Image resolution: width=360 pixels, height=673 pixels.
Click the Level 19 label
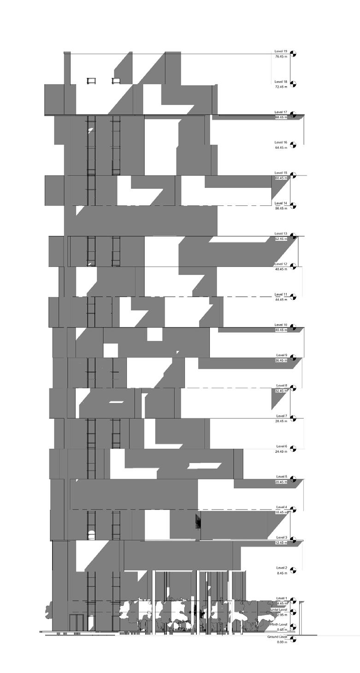tap(281, 52)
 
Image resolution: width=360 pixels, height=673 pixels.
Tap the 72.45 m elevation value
tap(281, 87)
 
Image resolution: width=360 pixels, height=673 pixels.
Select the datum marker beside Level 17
tap(293, 115)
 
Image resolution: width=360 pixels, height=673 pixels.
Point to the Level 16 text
tap(281, 142)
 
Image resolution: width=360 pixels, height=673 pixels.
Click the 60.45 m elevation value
tap(281, 178)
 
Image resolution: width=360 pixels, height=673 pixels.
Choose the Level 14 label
tap(281, 203)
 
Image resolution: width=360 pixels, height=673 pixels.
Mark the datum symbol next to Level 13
tap(293, 236)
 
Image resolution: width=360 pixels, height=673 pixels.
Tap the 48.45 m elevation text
tap(281, 269)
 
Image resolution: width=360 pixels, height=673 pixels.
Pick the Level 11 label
tap(281, 294)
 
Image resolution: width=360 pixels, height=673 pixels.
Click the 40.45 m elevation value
tap(281, 330)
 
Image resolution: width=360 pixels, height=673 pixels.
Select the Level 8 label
tap(282, 386)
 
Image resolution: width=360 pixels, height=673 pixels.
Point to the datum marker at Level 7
tap(293, 419)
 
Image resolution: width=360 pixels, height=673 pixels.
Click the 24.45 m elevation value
tap(281, 451)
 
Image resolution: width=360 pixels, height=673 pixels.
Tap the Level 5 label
tap(282, 477)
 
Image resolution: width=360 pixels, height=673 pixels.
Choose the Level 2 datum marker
tap(293, 571)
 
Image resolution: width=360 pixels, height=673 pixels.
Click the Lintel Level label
tap(279, 610)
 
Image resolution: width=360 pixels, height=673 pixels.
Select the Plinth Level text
tap(279, 625)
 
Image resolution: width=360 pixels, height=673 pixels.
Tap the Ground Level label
tap(277, 637)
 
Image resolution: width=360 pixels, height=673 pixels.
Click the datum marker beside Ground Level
tap(293, 640)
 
